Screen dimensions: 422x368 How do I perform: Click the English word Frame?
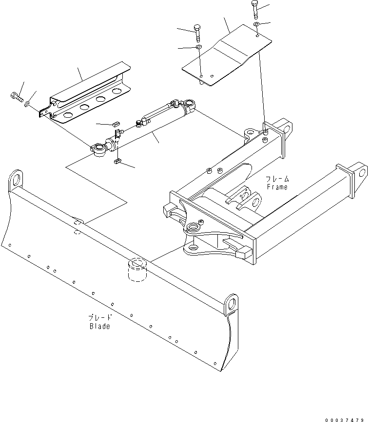[277, 187]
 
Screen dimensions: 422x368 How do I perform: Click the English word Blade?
[99, 326]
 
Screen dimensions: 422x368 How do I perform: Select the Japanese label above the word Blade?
[99, 317]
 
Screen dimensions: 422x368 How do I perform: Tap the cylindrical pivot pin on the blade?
[137, 270]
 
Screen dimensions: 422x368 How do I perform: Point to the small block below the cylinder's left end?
[117, 162]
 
